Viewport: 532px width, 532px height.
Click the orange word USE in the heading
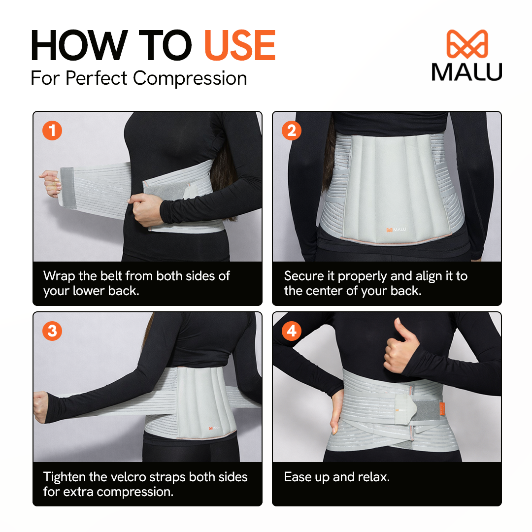[x=239, y=46]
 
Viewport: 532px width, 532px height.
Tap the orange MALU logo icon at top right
[x=467, y=44]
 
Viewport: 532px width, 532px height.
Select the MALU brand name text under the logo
[x=467, y=72]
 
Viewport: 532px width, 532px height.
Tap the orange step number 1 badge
[x=52, y=131]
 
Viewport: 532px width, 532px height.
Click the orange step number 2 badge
[x=292, y=131]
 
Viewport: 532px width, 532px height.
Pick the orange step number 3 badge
[x=52, y=331]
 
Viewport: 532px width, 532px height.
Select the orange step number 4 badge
[x=292, y=331]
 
